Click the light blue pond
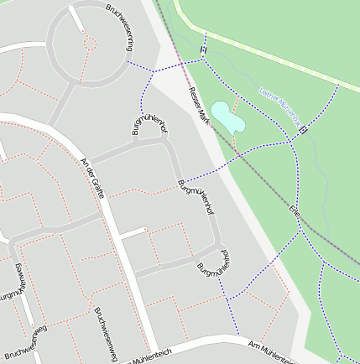tap(228, 117)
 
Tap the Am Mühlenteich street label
tap(274, 351)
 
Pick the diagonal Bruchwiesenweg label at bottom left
tap(25, 342)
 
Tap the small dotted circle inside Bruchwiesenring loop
tap(91, 43)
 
